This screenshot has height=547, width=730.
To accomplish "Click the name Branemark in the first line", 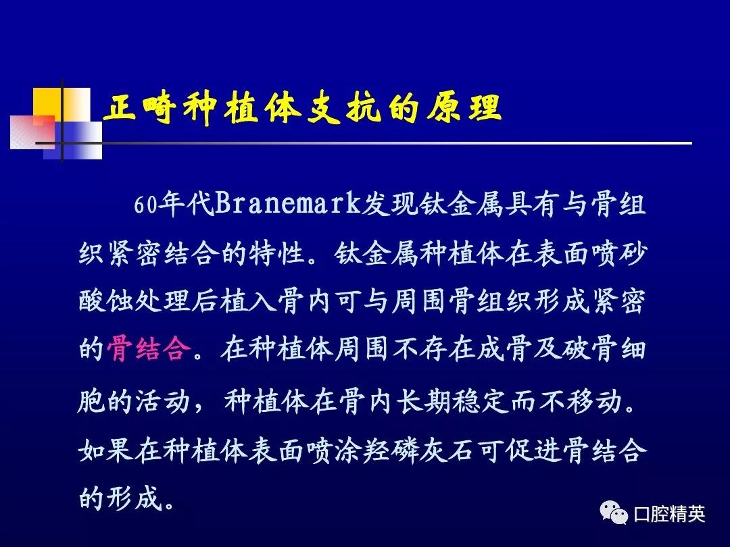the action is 287,204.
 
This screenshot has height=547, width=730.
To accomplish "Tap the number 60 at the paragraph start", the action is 146,205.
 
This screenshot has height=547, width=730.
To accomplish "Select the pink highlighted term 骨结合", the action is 149,349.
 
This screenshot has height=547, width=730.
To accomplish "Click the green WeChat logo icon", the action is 614,513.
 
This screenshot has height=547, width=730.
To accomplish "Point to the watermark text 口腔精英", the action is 669,514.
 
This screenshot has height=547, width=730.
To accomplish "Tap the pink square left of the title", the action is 32,132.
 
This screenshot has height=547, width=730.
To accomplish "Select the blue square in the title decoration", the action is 73,140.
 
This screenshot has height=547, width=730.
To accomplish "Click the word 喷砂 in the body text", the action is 618,253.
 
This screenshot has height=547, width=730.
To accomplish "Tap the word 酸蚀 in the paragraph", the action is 106,301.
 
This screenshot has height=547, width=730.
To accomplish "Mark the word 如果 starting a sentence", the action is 106,450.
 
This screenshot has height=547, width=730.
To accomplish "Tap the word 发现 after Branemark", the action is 389,204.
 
